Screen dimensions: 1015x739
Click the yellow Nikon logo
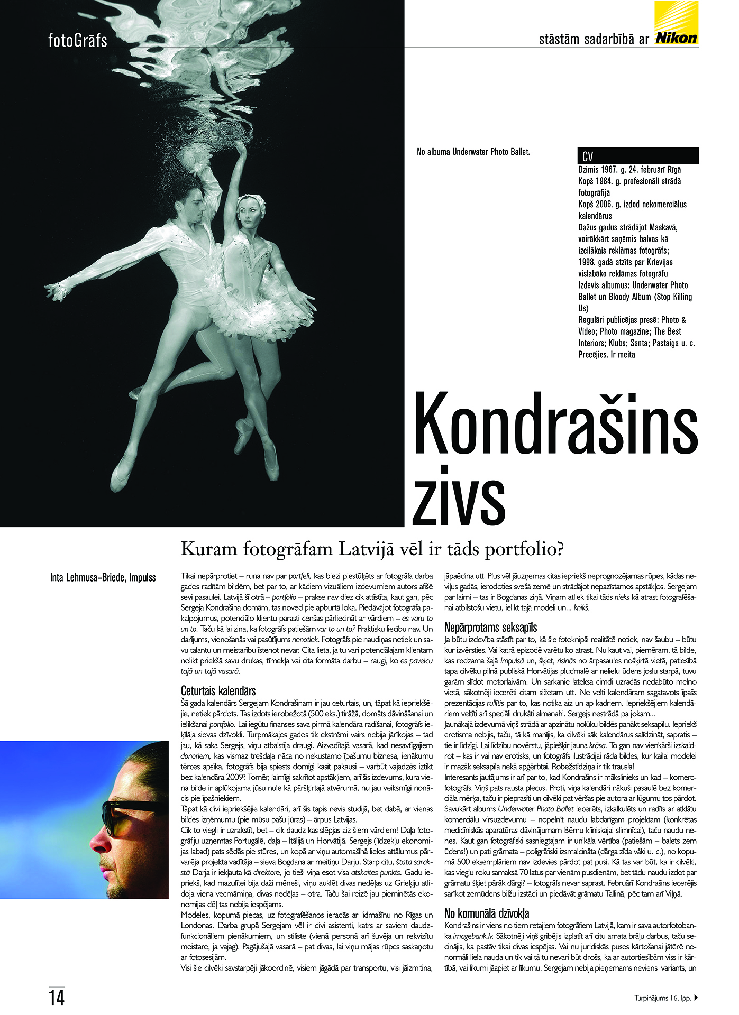click(x=676, y=23)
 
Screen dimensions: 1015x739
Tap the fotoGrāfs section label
click(x=78, y=40)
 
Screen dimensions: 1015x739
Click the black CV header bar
click(x=638, y=156)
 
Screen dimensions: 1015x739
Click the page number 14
click(x=57, y=998)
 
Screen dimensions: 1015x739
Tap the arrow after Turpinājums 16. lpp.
click(x=696, y=998)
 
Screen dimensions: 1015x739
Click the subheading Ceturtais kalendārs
click(x=218, y=690)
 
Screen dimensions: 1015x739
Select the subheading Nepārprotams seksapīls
click(x=490, y=627)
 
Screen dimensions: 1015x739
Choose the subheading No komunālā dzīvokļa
click(x=487, y=913)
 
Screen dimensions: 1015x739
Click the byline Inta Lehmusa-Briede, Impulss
click(x=103, y=577)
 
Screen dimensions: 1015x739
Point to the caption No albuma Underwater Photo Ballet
click(x=473, y=152)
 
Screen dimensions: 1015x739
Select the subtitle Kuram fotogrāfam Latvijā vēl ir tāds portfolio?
click(x=372, y=549)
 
